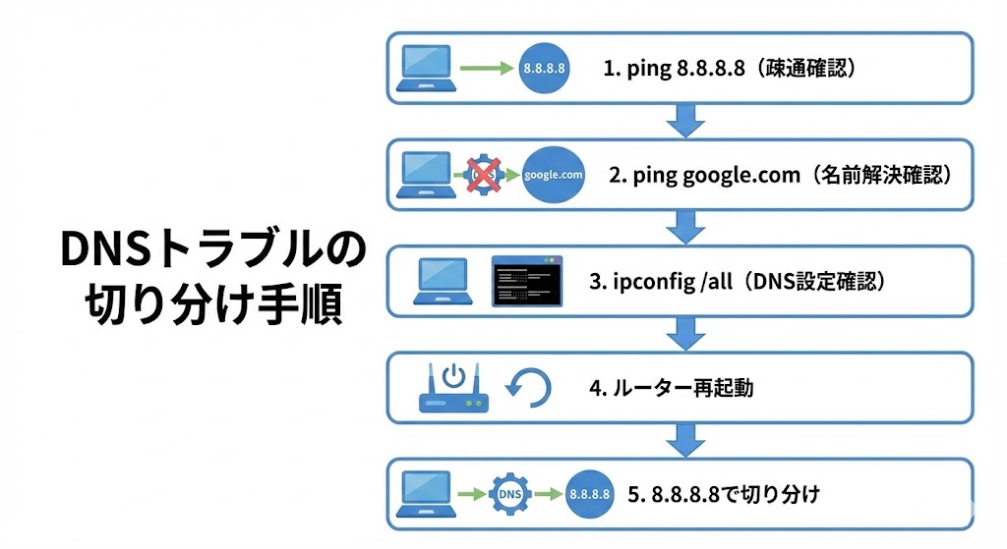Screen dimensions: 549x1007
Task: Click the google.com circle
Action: pos(554,175)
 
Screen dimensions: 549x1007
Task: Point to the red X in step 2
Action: pos(483,174)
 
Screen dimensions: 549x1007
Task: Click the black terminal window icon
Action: pos(530,281)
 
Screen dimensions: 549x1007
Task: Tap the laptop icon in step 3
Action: pos(441,281)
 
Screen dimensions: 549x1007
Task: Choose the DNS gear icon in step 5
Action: pos(510,493)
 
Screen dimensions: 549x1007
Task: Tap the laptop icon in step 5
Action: pos(429,493)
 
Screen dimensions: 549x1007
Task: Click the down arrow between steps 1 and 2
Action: pos(684,122)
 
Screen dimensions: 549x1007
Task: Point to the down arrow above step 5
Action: pos(684,440)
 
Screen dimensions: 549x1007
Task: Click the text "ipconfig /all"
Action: pos(674,282)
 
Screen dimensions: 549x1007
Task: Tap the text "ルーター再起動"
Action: pos(684,388)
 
